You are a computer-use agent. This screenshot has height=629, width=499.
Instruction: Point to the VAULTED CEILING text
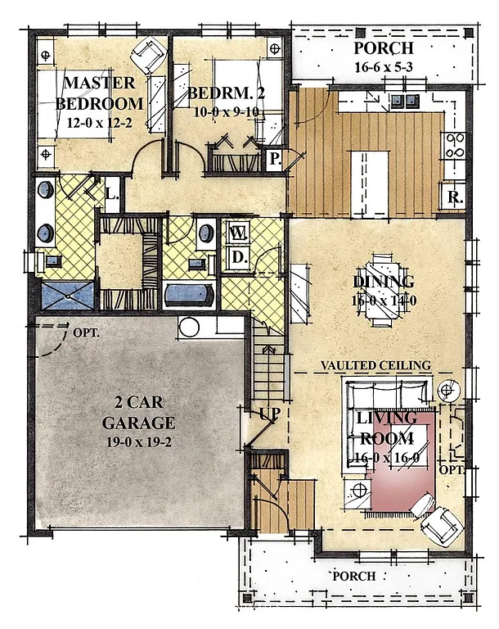point(375,364)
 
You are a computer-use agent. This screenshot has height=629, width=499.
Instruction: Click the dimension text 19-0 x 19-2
point(138,441)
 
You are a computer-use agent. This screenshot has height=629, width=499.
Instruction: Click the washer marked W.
point(238,233)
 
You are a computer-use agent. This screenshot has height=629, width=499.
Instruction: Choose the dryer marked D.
point(238,258)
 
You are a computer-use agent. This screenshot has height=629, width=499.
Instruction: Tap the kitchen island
point(358,171)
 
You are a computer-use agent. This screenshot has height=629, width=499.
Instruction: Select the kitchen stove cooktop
point(455,146)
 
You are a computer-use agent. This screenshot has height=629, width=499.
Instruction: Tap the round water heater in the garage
point(189,328)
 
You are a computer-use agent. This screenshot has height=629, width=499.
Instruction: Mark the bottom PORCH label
point(353,576)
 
